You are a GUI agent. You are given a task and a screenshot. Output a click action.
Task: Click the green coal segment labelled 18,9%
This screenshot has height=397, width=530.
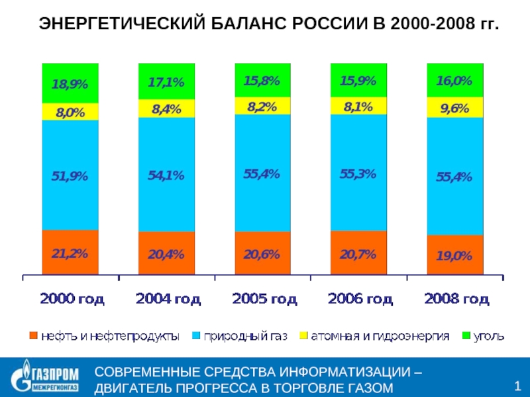tap(70, 83)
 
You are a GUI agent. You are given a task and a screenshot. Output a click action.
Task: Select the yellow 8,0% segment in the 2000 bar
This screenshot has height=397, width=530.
tap(70, 112)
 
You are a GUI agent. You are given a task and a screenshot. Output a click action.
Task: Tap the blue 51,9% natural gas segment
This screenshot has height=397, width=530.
tap(70, 175)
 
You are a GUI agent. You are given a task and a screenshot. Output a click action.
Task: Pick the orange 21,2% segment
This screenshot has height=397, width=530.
tap(70, 252)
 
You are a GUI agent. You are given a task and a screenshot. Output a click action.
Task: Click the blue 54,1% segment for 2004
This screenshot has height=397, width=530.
tap(166, 175)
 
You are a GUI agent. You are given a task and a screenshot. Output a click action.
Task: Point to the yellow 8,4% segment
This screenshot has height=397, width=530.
tap(166, 109)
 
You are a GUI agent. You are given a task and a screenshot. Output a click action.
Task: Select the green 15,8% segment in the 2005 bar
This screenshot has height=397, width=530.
tap(262, 80)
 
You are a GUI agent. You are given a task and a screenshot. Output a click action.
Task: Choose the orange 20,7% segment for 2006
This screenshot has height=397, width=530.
tap(358, 253)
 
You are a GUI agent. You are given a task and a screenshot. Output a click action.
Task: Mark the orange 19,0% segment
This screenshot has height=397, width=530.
tap(454, 255)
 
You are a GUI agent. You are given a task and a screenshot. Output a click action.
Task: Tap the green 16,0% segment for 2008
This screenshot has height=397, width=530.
tap(454, 81)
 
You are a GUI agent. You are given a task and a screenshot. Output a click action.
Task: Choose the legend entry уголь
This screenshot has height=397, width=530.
tap(486, 336)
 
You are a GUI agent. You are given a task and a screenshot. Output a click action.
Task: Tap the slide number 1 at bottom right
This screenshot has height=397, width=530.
tap(517, 386)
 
